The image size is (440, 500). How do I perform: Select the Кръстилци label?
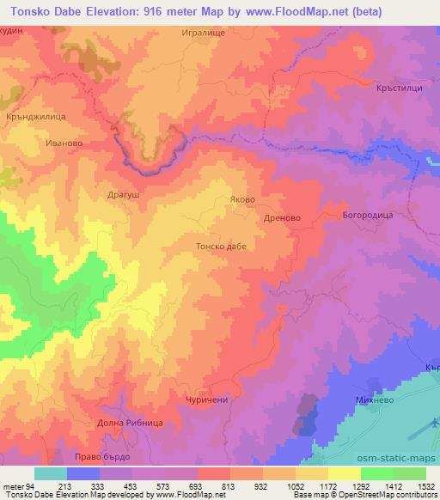(x=401, y=87)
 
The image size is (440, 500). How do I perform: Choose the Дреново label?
(x=282, y=218)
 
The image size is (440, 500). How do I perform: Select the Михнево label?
(x=375, y=400)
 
